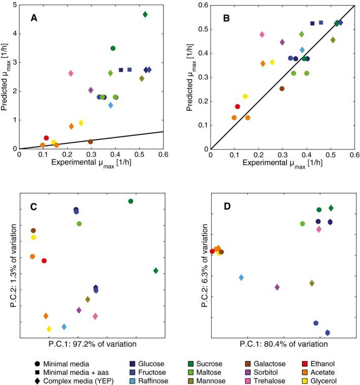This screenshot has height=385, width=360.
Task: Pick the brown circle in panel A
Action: [90, 142]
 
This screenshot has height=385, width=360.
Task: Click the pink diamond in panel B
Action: [262, 35]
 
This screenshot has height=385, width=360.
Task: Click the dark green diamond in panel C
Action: [156, 271]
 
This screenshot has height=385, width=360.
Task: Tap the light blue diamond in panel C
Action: [64, 327]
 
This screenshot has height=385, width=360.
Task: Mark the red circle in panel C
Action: [44, 261]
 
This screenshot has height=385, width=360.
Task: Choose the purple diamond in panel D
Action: [277, 287]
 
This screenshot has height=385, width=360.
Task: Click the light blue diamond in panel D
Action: [241, 277]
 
